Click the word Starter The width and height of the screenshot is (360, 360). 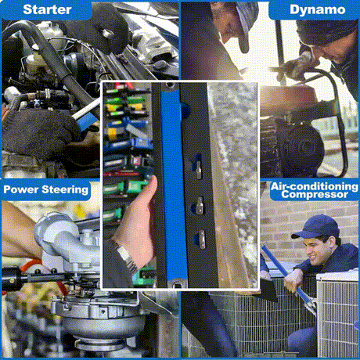pyautogui.click(x=47, y=9)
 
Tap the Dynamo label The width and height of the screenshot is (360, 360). pyautogui.click(x=318, y=10)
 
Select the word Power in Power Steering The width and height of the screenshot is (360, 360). pyautogui.click(x=21, y=189)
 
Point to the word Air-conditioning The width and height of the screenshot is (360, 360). pyautogui.click(x=314, y=186)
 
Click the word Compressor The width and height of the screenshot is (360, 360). pyautogui.click(x=315, y=194)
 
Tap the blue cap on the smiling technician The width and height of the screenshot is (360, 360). pyautogui.click(x=316, y=226)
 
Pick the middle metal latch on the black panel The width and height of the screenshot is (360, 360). pyautogui.click(x=200, y=205)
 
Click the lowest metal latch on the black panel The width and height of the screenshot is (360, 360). pyautogui.click(x=201, y=239)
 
